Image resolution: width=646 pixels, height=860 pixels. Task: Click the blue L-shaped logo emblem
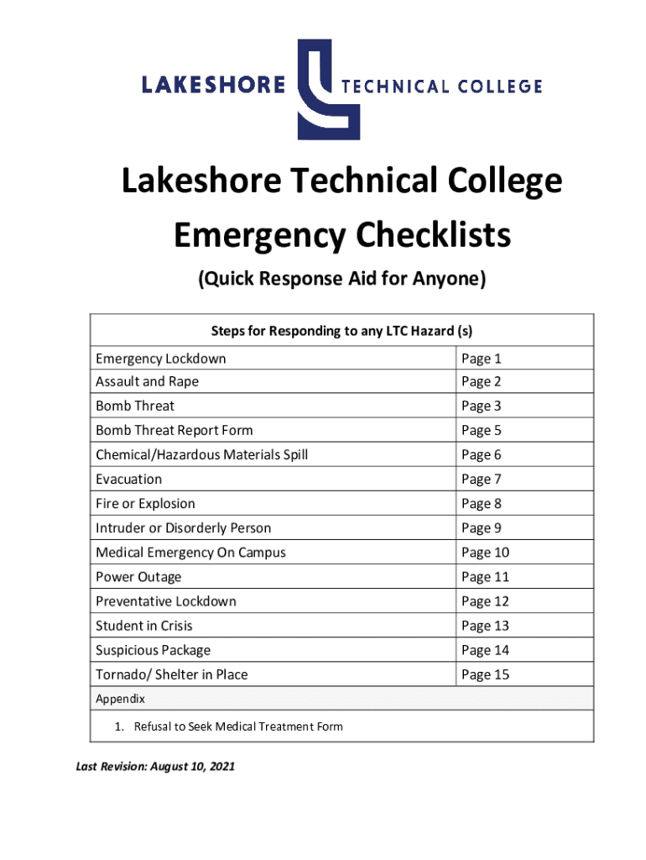[x=329, y=87]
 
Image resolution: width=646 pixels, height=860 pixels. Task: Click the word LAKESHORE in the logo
[x=213, y=85]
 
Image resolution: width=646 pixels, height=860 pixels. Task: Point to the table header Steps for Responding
[x=341, y=330]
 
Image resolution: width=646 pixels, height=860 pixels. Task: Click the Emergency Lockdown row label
[x=160, y=359]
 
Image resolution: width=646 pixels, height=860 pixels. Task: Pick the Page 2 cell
[x=482, y=382]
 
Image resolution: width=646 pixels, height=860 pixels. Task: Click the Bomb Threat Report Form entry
[x=174, y=431]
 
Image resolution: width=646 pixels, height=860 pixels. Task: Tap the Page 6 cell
[x=482, y=455]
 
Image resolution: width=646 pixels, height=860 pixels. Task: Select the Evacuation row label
[x=128, y=480]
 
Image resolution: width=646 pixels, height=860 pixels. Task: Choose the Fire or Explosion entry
[x=145, y=504]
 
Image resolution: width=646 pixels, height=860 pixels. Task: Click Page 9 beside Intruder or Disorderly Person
[x=482, y=528]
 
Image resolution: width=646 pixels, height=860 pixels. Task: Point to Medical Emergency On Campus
[x=190, y=553]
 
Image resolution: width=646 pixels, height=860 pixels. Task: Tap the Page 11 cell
[x=485, y=577]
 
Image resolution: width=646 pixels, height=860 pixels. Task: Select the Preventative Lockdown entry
[x=166, y=601]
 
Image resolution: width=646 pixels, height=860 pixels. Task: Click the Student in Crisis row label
[x=143, y=626]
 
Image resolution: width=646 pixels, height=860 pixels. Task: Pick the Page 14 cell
[x=485, y=650]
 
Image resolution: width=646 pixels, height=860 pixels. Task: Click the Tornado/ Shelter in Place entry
[x=171, y=674]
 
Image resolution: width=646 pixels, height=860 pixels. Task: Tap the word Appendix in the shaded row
[x=120, y=699]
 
